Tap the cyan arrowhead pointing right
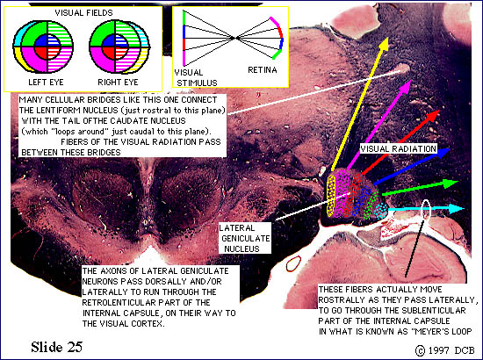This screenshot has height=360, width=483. pyautogui.click(x=458, y=208)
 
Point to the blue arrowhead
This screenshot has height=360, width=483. pyautogui.click(x=444, y=153)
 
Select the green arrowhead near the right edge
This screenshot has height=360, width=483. pyautogui.click(x=452, y=184)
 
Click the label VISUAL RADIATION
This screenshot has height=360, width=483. pyautogui.click(x=399, y=149)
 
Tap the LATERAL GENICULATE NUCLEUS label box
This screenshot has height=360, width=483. pyautogui.click(x=245, y=238)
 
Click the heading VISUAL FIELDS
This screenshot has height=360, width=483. pyautogui.click(x=83, y=13)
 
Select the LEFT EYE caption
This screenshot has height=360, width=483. pyautogui.click(x=46, y=83)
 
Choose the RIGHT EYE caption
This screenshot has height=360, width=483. pyautogui.click(x=118, y=83)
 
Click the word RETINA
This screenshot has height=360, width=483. pyautogui.click(x=263, y=70)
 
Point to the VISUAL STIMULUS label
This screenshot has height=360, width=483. pyautogui.click(x=196, y=77)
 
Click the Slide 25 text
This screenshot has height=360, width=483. pyautogui.click(x=57, y=347)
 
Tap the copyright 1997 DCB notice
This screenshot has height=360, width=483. pyautogui.click(x=445, y=350)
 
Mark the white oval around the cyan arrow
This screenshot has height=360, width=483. pyautogui.click(x=426, y=210)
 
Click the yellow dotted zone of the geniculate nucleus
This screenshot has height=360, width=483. pyautogui.click(x=331, y=195)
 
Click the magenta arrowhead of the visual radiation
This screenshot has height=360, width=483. pyautogui.click(x=406, y=86)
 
